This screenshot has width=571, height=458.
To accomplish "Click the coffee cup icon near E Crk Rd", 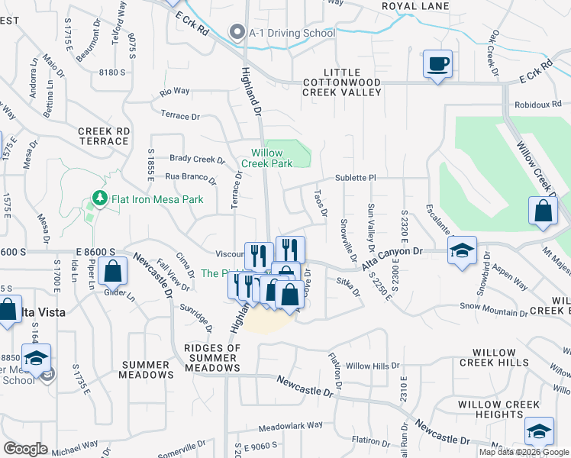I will (437, 63).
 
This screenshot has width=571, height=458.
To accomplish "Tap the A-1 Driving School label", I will (292, 33).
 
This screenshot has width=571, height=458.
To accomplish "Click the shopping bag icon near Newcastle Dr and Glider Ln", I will (112, 270).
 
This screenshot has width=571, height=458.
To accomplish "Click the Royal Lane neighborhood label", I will (415, 6).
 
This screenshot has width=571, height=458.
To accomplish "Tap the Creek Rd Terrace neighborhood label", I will (103, 136).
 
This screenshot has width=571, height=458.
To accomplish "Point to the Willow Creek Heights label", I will (501, 409).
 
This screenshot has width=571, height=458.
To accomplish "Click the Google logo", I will (25, 449).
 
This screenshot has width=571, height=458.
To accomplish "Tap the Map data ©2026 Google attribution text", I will (523, 452).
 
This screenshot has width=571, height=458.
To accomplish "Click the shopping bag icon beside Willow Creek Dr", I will (542, 211).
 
